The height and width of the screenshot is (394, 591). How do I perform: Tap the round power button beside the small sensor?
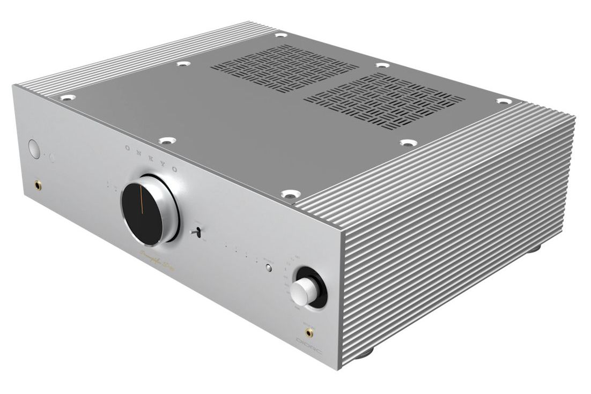tap(34, 149)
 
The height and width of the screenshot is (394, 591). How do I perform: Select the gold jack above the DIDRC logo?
tap(309, 333)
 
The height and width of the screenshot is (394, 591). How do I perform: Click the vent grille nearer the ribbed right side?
tap(384, 102)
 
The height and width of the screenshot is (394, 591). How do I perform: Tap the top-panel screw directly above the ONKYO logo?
tap(166, 142)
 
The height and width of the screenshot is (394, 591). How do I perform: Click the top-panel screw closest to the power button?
tap(68, 98)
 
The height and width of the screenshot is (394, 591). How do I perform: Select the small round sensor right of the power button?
tap(53, 158)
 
